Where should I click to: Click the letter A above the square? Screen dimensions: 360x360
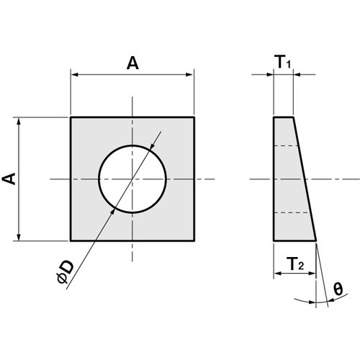[132, 63]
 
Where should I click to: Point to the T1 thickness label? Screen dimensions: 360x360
[284, 63]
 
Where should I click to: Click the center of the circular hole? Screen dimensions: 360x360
[132, 179]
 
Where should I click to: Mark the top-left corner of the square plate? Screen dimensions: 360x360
[71, 117]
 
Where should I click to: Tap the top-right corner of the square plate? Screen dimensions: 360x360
[194, 117]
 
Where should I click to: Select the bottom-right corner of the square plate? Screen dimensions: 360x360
[194, 240]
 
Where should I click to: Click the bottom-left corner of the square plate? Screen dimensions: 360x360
[71, 240]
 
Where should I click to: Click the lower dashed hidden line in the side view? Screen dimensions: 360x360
[291, 212]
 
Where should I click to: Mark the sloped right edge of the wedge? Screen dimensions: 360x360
[305, 179]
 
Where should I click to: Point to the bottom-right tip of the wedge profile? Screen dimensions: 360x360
[317, 240]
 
